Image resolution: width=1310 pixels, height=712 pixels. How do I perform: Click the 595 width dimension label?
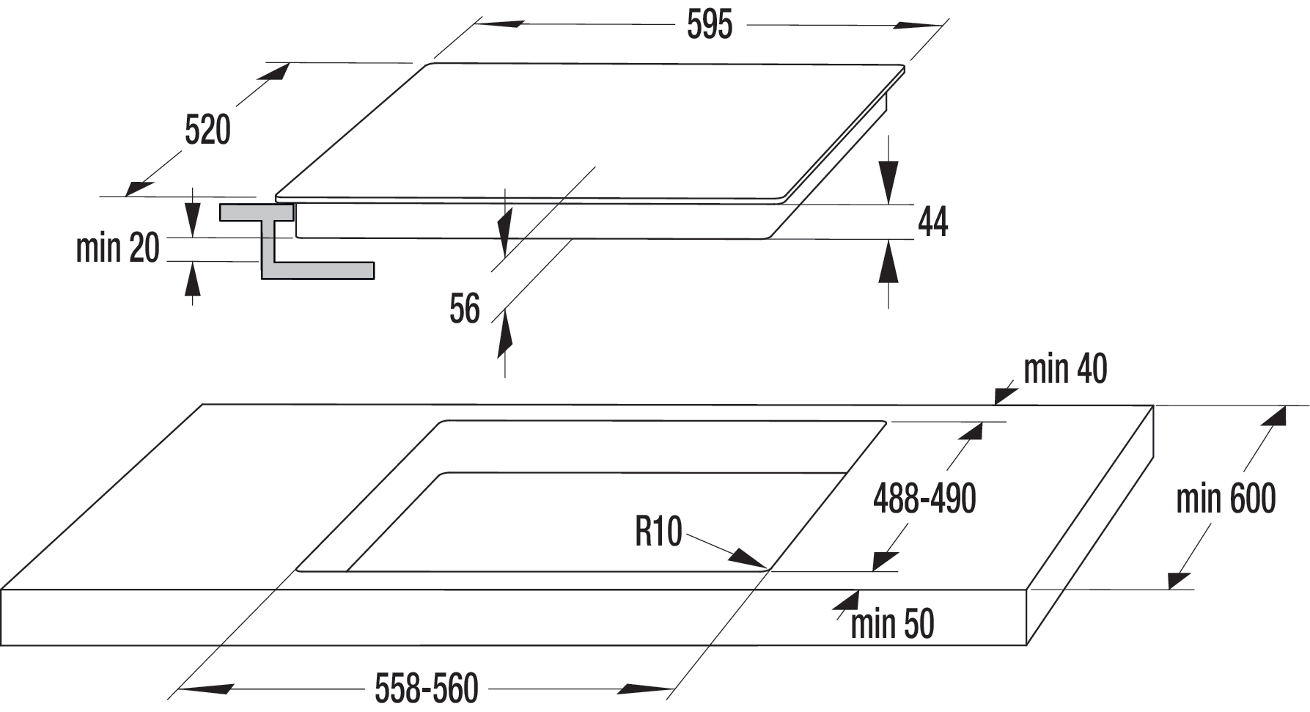(x=709, y=26)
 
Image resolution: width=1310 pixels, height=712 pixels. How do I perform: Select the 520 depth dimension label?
(x=207, y=130)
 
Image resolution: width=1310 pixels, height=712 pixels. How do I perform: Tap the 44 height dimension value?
(x=932, y=221)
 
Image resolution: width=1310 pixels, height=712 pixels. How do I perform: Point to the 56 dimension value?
(x=465, y=309)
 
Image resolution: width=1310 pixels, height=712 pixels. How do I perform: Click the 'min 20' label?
(x=118, y=248)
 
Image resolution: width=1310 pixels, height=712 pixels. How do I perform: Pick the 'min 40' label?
(x=1065, y=369)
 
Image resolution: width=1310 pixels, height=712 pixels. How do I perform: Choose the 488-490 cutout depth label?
(x=924, y=499)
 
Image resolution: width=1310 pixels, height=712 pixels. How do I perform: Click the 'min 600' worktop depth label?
(x=1226, y=499)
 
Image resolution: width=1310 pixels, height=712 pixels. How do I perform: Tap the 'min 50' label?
(x=892, y=624)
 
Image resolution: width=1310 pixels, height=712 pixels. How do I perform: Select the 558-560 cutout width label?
(x=426, y=689)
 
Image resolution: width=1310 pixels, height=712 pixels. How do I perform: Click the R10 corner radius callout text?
(x=658, y=532)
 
